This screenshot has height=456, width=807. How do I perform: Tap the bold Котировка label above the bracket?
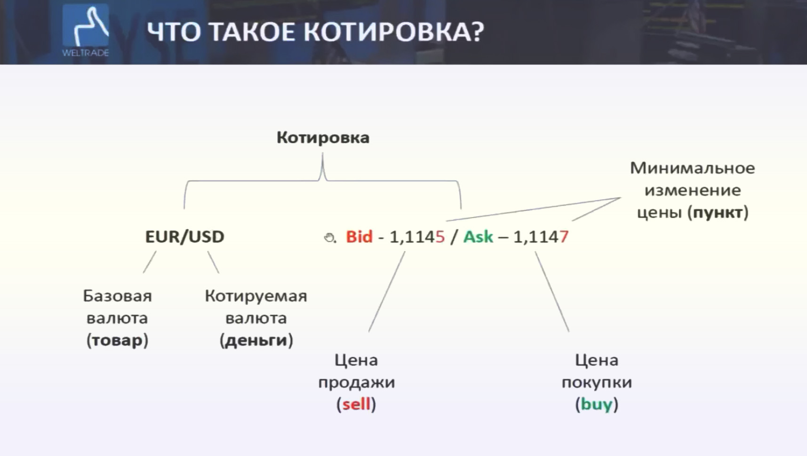[x=323, y=138]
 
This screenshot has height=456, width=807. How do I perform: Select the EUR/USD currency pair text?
[x=184, y=236]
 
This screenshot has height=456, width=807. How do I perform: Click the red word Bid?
[x=359, y=236]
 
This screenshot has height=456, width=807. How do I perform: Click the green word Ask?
[x=478, y=236]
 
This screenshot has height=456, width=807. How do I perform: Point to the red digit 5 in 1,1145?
[x=440, y=236]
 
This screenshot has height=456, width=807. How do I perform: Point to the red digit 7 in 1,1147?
[x=564, y=236]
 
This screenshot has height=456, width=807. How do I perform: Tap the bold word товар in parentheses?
[x=117, y=340]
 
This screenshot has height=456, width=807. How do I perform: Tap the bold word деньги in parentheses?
[x=256, y=340]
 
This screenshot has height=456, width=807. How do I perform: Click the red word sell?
[x=356, y=404]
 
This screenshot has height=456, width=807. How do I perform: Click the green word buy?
[x=596, y=404]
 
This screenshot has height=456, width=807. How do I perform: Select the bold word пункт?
[x=718, y=212]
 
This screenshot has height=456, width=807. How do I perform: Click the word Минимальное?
[x=692, y=168]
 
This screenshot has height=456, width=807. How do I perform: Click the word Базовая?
[x=117, y=296]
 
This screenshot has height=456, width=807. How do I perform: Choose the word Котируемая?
[x=256, y=296]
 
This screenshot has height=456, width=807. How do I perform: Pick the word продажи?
[x=356, y=382]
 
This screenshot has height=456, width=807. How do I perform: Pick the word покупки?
[x=596, y=382]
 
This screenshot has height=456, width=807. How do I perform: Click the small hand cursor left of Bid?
[x=329, y=237]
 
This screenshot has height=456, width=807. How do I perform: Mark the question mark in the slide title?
[x=477, y=32]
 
